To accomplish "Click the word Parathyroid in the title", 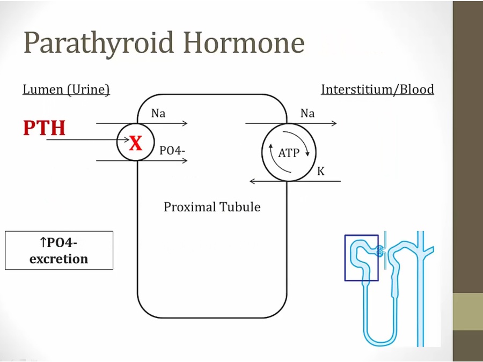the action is pos(99,43).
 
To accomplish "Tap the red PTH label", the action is pos(45,128).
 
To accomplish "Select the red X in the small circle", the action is pos(136,143).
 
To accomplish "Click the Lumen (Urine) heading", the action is pos(66,90).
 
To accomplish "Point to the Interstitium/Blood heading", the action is pos(377,89).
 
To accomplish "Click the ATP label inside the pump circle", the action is pos(289,153).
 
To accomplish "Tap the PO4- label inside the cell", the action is pos(172,151).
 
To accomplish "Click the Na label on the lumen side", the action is pos(158,114).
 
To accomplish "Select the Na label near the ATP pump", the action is pos(308,114).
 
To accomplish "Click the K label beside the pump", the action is pos(321,172).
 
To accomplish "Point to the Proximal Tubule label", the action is pos(212,207).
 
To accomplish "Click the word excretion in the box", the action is pos(58,259).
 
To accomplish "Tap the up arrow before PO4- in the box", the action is pos(43,242).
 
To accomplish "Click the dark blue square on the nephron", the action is pos(361,235).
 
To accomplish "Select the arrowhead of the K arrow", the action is pos(252,181).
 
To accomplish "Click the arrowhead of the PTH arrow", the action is pos(127,140).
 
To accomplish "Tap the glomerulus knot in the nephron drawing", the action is pos(380,250).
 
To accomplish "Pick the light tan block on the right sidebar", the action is pos(467,312).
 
